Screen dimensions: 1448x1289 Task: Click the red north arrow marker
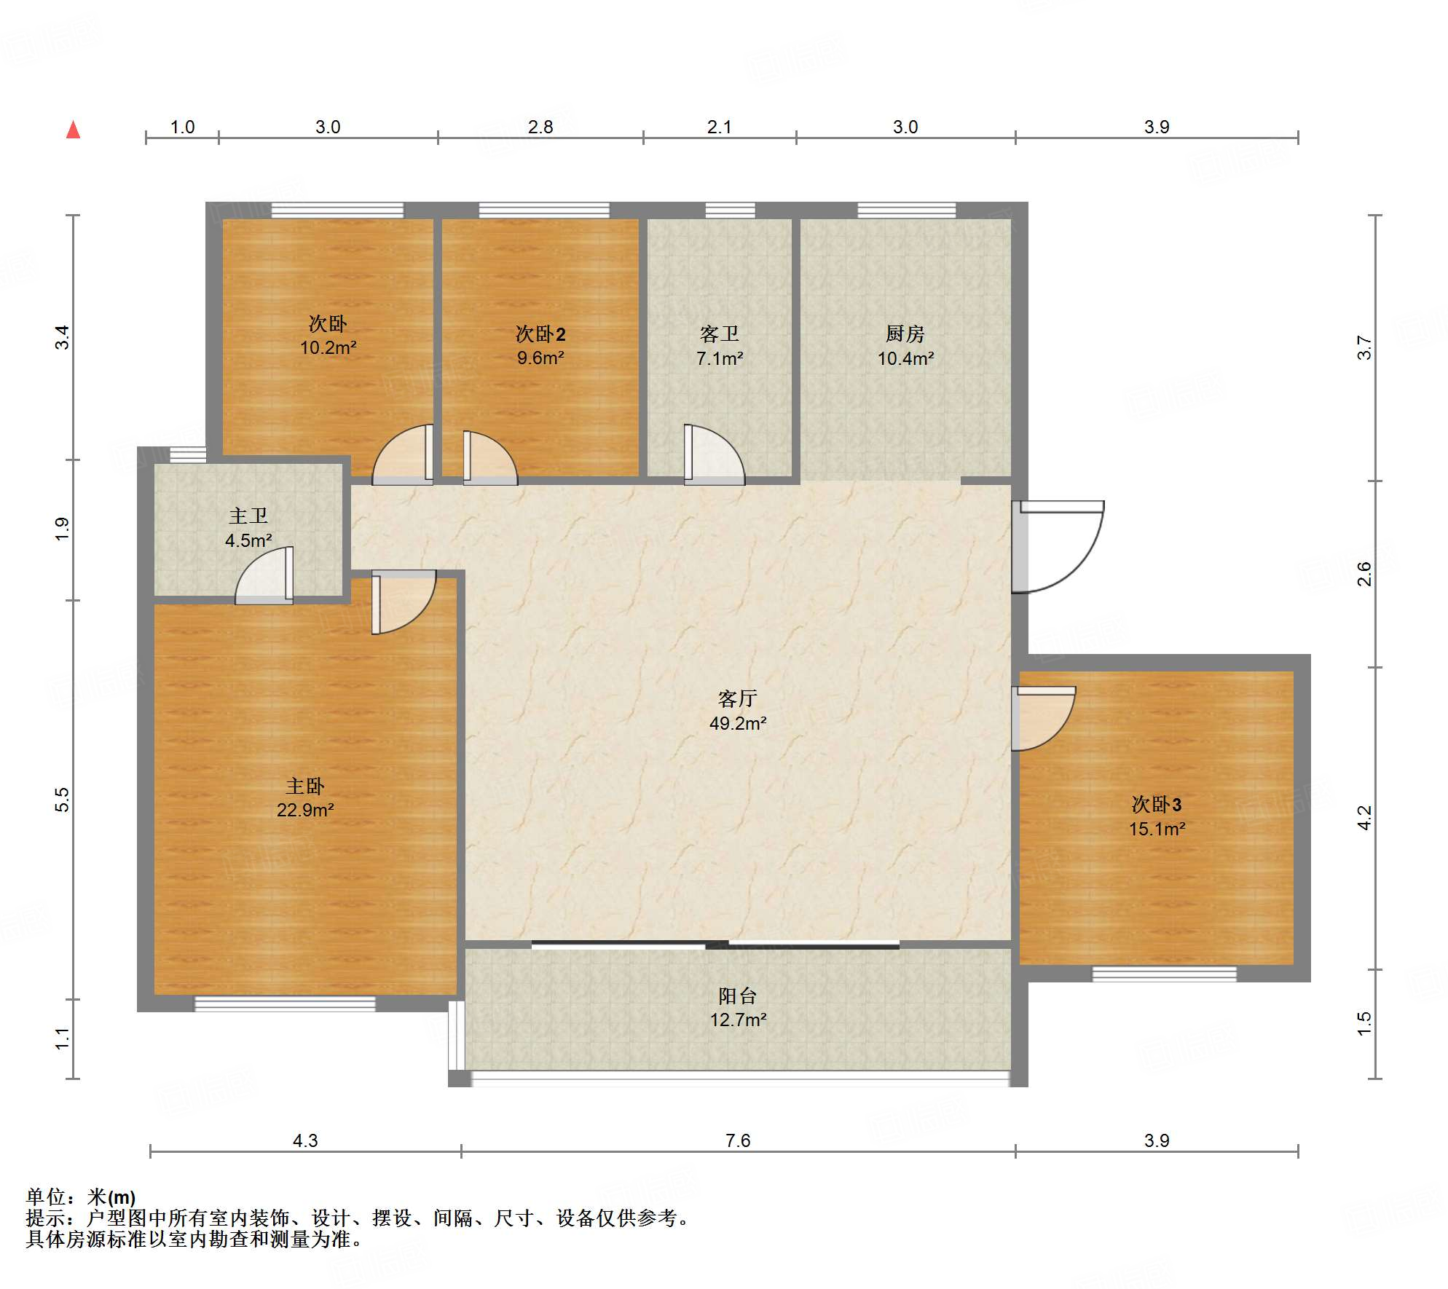point(73,130)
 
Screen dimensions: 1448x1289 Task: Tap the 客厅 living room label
point(737,699)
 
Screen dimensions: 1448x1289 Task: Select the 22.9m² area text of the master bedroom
point(305,810)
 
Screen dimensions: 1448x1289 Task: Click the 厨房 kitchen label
point(905,334)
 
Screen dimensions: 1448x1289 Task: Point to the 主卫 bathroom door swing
point(264,575)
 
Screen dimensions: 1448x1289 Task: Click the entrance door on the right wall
point(1058,546)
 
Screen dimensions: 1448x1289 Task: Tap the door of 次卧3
point(1043,718)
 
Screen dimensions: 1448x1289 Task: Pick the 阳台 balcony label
point(737,996)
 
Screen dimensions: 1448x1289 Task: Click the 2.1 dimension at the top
point(719,127)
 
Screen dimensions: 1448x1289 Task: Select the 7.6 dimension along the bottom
point(737,1140)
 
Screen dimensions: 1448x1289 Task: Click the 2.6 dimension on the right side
point(1364,574)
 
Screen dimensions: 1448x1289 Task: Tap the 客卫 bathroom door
point(715,454)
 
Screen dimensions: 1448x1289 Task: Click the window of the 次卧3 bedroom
point(1164,974)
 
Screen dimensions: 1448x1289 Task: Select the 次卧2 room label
point(540,334)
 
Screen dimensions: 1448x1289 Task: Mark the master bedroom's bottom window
point(285,1004)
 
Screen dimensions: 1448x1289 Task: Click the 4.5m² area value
point(248,540)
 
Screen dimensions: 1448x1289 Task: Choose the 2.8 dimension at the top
point(540,127)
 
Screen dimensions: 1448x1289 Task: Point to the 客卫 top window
point(730,210)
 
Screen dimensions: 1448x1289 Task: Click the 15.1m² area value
point(1157,829)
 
